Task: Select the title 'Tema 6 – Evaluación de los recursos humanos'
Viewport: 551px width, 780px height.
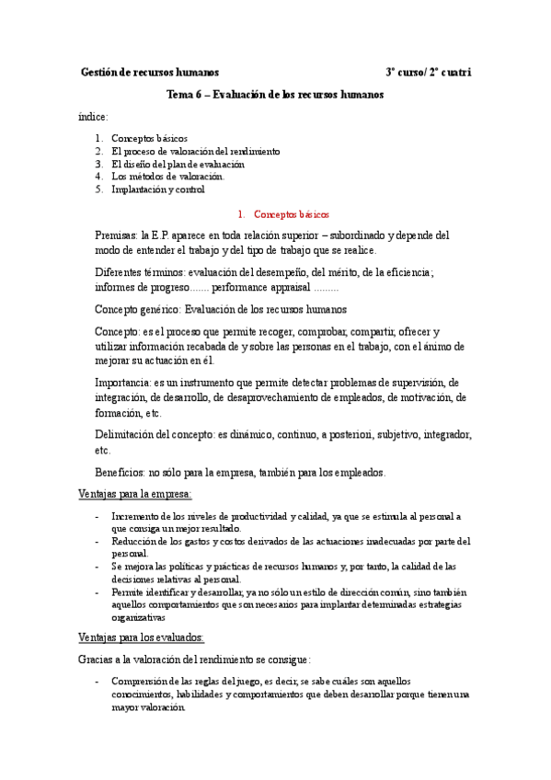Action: (x=275, y=95)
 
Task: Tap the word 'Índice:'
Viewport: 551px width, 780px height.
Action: (x=94, y=117)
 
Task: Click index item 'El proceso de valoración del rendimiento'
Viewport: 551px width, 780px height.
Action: (x=196, y=151)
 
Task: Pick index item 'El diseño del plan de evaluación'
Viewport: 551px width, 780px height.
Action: (x=178, y=164)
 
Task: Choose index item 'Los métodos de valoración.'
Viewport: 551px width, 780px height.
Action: (x=167, y=177)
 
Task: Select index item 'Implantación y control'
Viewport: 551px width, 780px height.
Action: (x=158, y=189)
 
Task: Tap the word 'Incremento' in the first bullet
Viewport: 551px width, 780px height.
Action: (x=135, y=517)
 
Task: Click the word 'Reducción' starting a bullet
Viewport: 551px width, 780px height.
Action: (x=133, y=542)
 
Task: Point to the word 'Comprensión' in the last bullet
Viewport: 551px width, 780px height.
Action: (x=139, y=682)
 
